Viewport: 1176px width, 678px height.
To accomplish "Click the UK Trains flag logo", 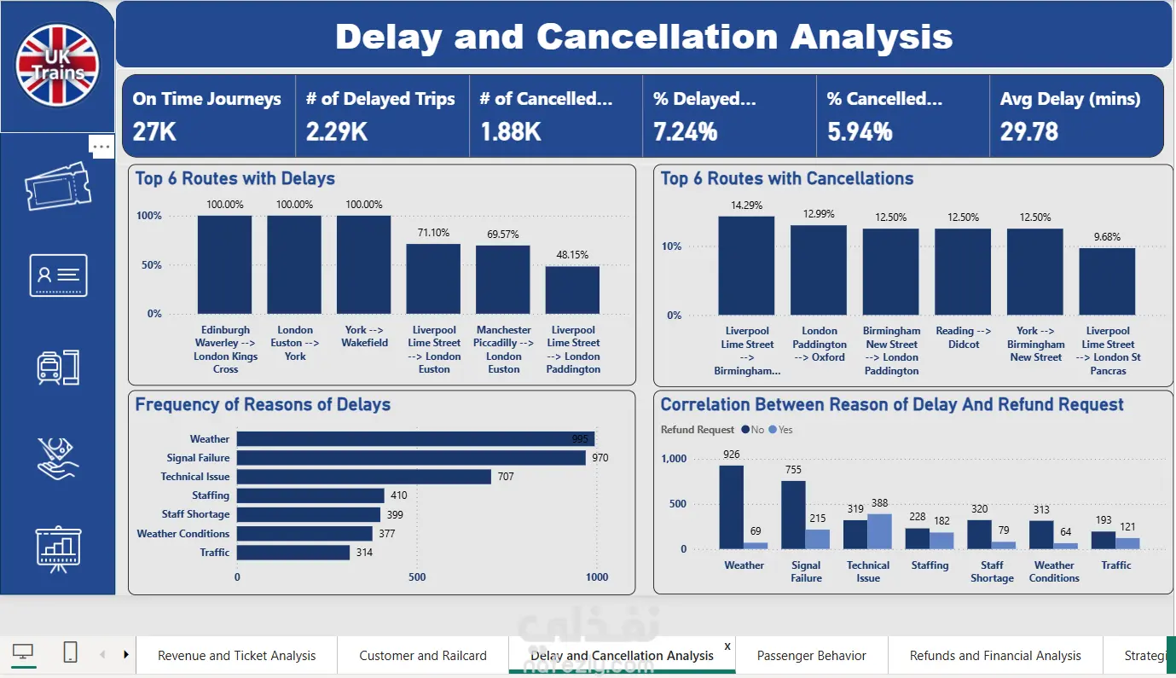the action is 57,66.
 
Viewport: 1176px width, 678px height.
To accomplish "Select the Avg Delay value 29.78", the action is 1028,131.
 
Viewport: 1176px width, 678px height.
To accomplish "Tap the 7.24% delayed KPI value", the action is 685,131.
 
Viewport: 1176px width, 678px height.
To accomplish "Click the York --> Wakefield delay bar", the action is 363,264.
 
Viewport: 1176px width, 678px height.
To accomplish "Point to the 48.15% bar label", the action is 572,255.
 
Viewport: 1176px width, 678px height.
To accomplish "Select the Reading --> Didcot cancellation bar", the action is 963,271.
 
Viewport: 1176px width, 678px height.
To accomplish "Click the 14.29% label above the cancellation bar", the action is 746,206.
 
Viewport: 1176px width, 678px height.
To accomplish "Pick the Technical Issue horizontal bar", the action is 364,477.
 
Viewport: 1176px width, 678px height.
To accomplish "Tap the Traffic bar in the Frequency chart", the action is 293,553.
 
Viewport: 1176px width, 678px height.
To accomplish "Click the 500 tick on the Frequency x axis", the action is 417,577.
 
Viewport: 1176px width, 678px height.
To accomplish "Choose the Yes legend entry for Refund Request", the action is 780,430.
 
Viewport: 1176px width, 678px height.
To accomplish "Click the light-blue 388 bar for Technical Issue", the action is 880,531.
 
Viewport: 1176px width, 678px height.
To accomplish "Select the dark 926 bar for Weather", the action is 732,507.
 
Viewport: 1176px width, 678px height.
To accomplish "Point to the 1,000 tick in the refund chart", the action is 674,459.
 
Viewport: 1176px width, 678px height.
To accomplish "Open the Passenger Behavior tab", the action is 811,656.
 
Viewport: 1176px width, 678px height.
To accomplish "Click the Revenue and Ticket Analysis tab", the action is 236,656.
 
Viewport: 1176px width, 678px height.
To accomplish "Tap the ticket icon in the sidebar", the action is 58,186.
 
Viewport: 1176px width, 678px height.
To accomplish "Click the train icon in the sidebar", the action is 58,367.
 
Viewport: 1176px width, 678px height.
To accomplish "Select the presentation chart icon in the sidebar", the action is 58,549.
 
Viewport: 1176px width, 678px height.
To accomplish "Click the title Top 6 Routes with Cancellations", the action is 786,178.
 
